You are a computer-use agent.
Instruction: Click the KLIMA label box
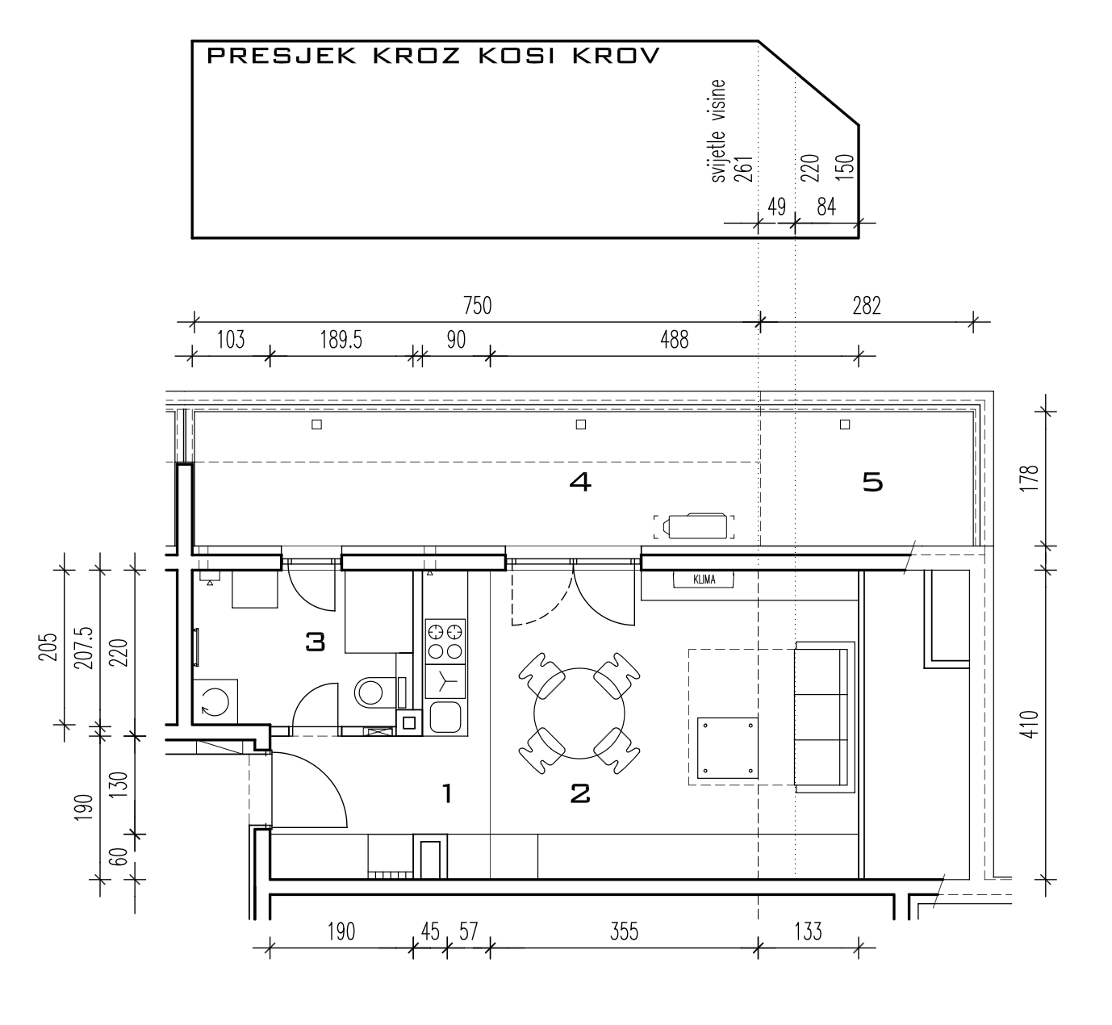pyautogui.click(x=704, y=579)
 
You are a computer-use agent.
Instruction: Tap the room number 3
pyautogui.click(x=316, y=642)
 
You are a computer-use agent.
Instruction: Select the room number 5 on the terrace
pyautogui.click(x=872, y=483)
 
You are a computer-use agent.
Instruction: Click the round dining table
pyautogui.click(x=579, y=713)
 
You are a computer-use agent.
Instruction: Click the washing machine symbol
pyautogui.click(x=215, y=701)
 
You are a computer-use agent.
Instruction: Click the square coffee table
pyautogui.click(x=727, y=748)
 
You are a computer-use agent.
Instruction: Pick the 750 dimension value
pyautogui.click(x=477, y=306)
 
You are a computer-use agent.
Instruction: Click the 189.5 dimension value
pyautogui.click(x=341, y=340)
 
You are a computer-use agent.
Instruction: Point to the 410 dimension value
pyautogui.click(x=1030, y=725)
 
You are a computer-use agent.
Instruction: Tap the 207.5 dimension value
pyautogui.click(x=86, y=648)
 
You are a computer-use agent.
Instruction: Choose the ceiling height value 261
pyautogui.click(x=743, y=169)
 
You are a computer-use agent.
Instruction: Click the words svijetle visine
pyautogui.click(x=718, y=131)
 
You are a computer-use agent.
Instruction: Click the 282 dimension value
pyautogui.click(x=867, y=306)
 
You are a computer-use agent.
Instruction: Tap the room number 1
pyautogui.click(x=447, y=793)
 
